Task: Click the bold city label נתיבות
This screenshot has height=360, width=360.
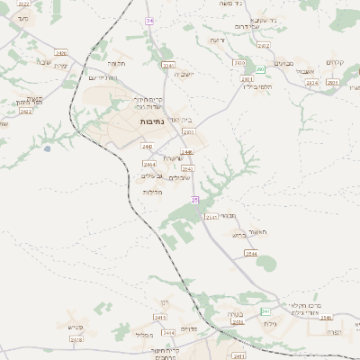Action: pos(152,120)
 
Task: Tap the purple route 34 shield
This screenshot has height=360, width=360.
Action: pos(149,19)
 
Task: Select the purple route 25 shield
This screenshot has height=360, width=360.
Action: pos(193,199)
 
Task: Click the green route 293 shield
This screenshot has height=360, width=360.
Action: pos(260,69)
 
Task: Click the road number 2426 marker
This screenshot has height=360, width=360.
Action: pos(60,52)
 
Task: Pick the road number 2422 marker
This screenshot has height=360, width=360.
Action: pos(25,112)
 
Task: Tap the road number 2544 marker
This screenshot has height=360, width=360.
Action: pos(252,255)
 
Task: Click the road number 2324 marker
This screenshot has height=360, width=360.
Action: pos(312,83)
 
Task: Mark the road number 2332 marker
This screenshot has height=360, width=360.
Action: pos(188,131)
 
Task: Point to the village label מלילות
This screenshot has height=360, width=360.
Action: pos(152,192)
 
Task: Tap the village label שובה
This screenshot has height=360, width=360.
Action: pos(43,61)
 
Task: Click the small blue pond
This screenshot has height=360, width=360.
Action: pos(47,148)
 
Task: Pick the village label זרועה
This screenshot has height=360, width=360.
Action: pos(217,40)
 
